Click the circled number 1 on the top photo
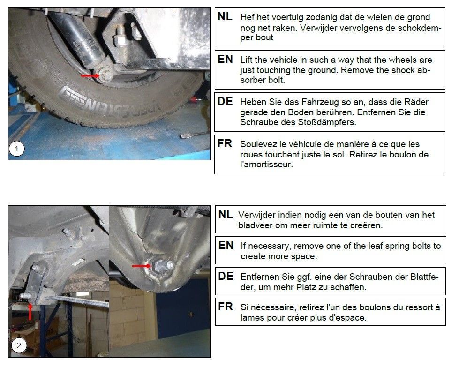(x=16, y=149)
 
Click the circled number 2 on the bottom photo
(x=19, y=345)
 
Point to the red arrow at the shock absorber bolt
(x=90, y=76)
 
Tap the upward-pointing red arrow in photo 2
(x=30, y=311)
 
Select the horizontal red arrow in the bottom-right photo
(x=142, y=266)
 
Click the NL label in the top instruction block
(x=225, y=17)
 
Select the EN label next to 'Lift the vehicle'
(x=225, y=59)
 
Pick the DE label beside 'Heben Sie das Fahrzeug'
(x=225, y=101)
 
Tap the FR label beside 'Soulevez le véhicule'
(x=225, y=143)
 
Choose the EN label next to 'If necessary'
(x=226, y=245)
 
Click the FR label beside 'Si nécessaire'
(x=226, y=307)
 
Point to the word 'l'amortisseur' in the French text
(x=266, y=164)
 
